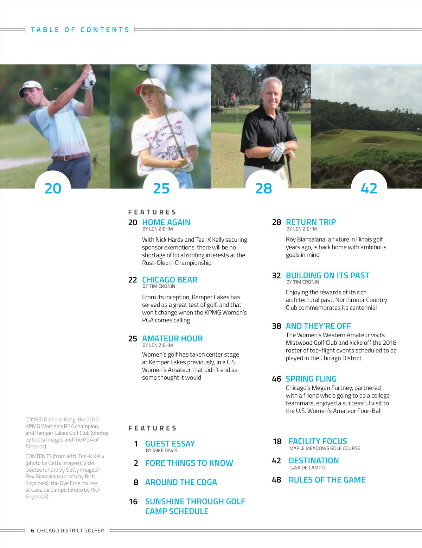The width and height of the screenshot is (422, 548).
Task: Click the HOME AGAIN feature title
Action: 166,222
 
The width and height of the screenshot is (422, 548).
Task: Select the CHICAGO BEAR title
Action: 170,280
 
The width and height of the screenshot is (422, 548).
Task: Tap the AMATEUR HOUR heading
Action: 172,338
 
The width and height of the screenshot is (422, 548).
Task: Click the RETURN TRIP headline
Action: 311,222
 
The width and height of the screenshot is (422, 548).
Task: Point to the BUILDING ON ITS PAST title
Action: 327,275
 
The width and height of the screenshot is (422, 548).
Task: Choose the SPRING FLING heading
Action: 311,379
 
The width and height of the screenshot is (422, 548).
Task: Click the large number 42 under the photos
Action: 369,189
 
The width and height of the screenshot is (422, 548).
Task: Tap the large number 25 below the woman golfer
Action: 161,189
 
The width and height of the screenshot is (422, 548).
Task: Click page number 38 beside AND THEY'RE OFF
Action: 276,326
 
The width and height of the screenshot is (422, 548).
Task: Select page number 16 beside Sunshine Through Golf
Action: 133,502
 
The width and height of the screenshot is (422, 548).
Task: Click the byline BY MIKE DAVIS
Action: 161,451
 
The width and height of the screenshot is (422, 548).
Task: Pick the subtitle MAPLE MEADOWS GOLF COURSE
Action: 325,448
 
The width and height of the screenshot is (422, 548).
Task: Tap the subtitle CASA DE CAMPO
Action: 307,468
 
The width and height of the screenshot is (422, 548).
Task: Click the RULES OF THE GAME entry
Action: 327,480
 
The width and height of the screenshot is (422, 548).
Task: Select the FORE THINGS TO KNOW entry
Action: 189,463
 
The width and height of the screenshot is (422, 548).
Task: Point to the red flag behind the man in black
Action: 233,96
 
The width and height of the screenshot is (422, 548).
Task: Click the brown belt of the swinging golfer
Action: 72,157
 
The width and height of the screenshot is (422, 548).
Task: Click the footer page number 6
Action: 32,530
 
